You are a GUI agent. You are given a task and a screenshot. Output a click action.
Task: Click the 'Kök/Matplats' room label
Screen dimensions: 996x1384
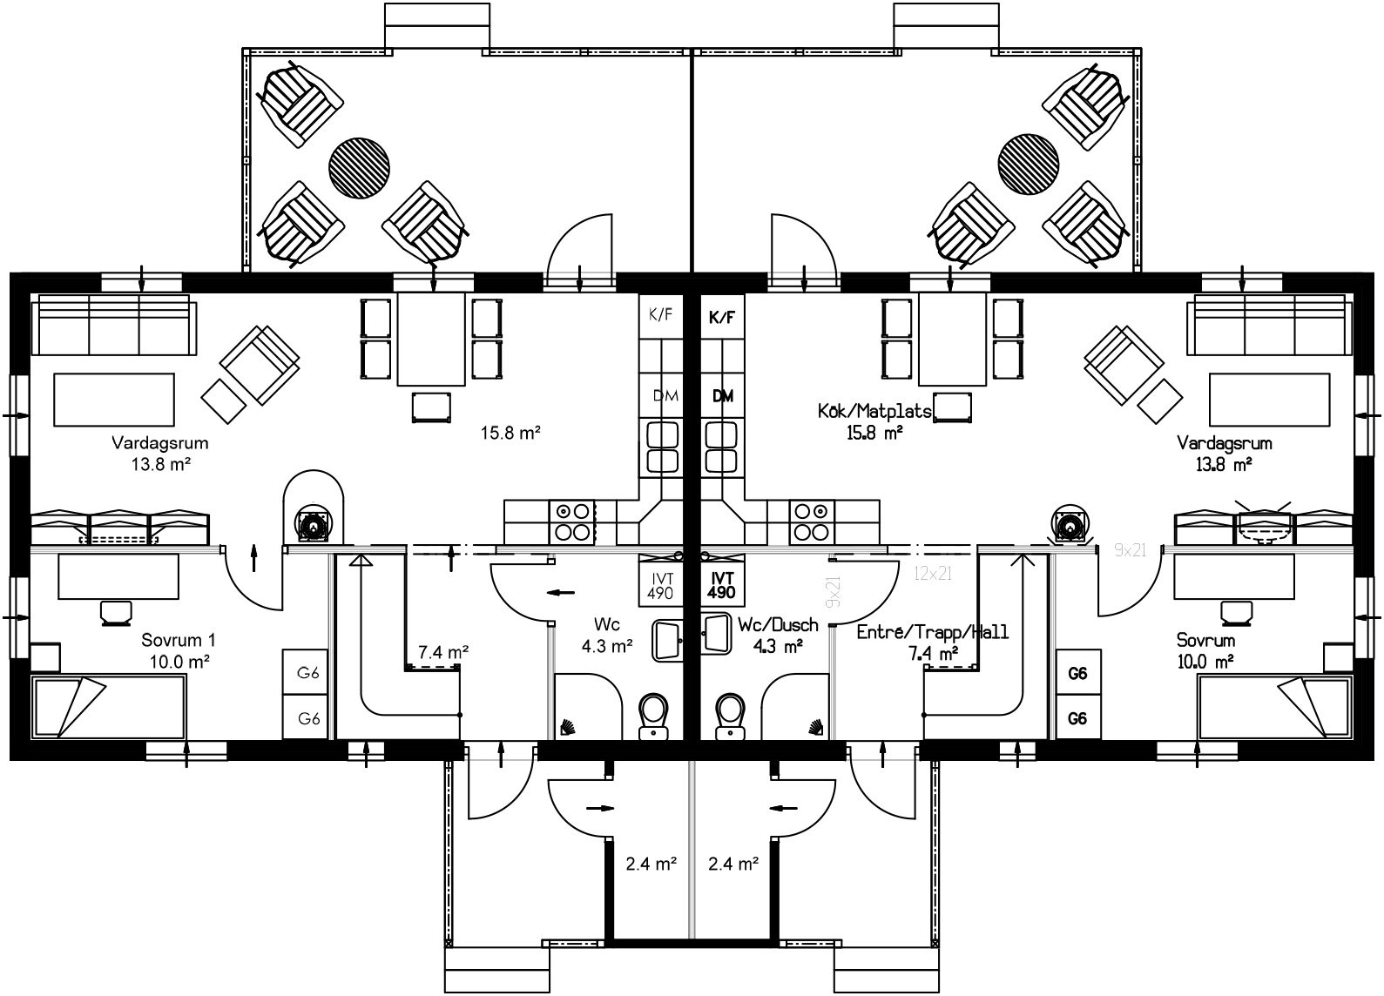(874, 411)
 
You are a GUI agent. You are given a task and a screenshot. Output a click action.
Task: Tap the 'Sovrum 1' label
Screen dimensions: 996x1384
(177, 641)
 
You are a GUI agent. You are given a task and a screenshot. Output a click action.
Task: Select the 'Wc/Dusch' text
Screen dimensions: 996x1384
(778, 625)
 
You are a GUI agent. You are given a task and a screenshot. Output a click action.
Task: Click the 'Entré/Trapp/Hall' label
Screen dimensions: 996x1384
(932, 632)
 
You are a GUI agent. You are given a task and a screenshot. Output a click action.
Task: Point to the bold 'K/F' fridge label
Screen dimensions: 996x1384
(721, 318)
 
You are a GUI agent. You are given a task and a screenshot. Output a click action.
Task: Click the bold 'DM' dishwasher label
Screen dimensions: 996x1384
(722, 396)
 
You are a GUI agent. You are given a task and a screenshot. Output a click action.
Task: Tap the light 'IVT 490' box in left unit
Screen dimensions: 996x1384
(660, 585)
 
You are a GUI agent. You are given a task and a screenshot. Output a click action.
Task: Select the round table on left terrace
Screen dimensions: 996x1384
(359, 166)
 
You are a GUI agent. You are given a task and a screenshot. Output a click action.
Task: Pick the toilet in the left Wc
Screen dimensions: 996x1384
(653, 717)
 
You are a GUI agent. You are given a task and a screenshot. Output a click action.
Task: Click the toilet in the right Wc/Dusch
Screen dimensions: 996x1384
(730, 717)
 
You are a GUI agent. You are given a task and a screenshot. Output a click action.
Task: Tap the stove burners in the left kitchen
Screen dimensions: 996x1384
(570, 522)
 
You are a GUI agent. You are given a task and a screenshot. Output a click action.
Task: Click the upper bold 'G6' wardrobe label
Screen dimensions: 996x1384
(1077, 673)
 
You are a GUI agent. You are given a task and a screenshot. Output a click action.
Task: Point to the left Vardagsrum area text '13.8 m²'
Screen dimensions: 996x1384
(161, 464)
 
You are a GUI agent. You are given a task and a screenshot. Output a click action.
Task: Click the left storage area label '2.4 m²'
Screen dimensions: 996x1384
(651, 865)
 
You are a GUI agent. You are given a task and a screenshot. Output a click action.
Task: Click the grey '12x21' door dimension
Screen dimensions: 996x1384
(934, 573)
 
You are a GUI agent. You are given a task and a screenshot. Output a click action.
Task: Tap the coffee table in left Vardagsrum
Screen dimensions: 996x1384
(113, 399)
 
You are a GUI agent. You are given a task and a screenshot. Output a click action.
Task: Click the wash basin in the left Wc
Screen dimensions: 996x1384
(668, 637)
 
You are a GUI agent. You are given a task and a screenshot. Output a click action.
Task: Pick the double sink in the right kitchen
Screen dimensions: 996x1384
(721, 446)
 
